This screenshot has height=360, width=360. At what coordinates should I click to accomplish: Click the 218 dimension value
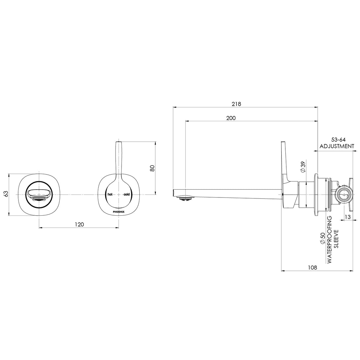[236, 104]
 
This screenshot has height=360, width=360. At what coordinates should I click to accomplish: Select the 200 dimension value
[231, 118]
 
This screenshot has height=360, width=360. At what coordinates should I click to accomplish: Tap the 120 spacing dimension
[79, 224]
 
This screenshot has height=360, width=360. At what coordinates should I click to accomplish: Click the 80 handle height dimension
[152, 168]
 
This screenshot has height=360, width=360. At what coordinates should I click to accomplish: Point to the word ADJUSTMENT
[337, 146]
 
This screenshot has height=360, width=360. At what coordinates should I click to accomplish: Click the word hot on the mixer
[110, 195]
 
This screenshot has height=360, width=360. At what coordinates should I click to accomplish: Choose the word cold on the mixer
[127, 195]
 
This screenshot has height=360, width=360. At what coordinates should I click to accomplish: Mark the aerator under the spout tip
[185, 198]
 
